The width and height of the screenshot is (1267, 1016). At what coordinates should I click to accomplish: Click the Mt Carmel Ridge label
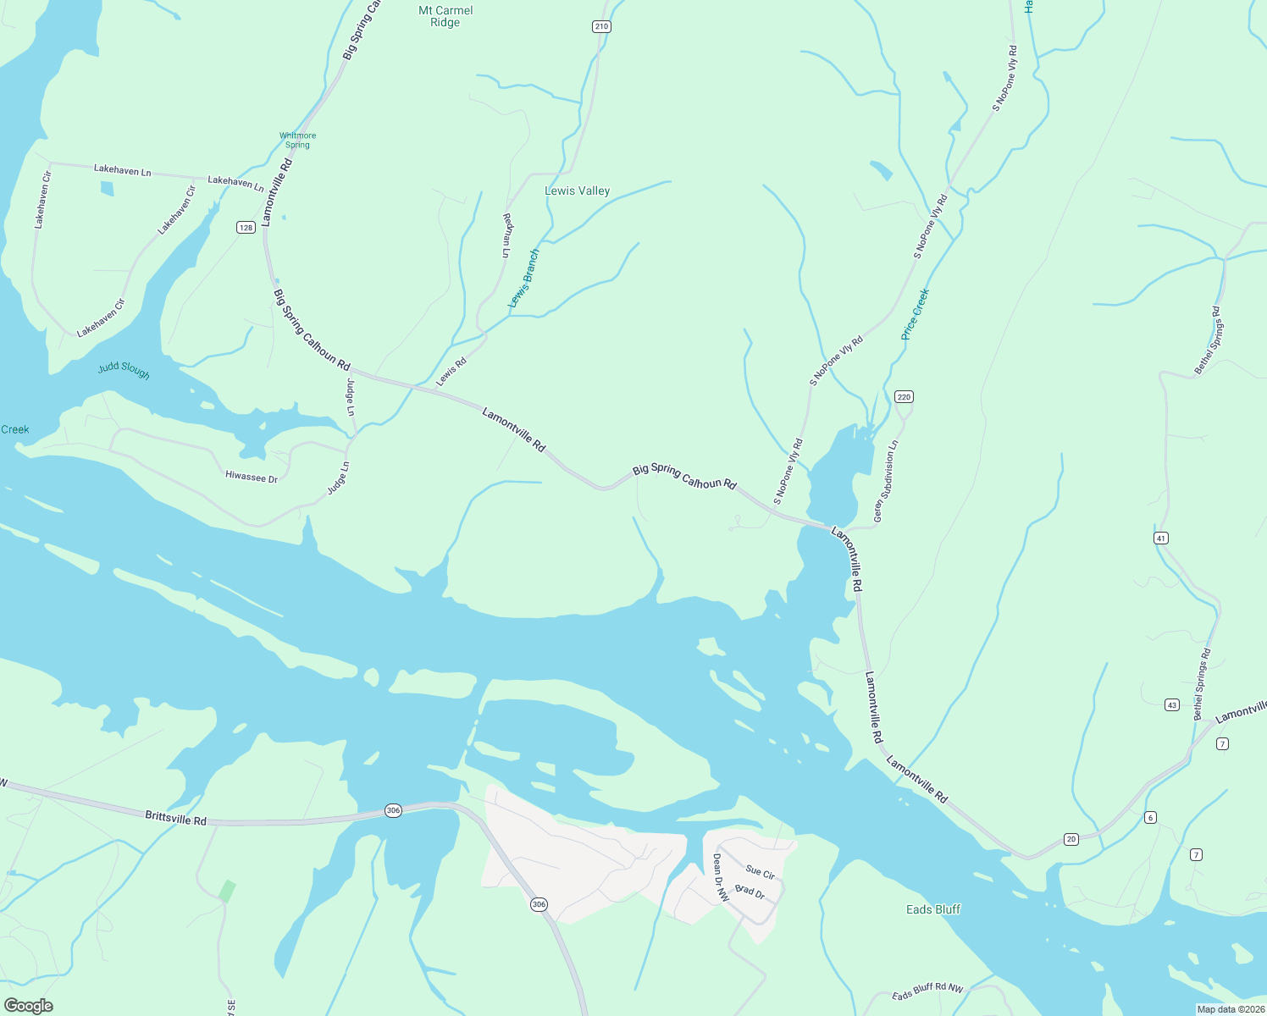pos(445,16)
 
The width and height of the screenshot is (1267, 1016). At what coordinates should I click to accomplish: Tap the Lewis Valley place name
pos(577,191)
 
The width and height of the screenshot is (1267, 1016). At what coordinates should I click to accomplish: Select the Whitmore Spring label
pos(297,140)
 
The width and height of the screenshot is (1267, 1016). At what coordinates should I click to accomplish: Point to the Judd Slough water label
pos(124,370)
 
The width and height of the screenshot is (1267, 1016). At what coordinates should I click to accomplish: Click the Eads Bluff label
pos(933,909)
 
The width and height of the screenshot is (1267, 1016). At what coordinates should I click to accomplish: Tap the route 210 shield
pos(601,26)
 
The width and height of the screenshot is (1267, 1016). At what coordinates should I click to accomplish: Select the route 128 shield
pos(246,227)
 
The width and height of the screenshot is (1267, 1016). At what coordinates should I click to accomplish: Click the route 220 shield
pos(904,396)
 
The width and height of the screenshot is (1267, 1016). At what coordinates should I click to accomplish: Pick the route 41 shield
pos(1161,538)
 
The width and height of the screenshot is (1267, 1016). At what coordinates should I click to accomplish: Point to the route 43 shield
pos(1171,704)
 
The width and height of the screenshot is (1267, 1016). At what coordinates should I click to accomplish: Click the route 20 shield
pos(1071,839)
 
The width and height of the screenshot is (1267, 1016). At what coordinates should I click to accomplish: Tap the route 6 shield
pos(1149,817)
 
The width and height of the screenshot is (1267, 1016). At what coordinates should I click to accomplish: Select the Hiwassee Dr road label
pos(252,478)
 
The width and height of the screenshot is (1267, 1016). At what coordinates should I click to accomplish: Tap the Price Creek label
pos(916,314)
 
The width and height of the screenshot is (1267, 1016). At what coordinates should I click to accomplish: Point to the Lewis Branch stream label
pos(523,279)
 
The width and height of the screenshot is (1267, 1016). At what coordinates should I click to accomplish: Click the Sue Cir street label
pos(760,872)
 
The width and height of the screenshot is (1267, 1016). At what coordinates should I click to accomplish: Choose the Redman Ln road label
pos(507,235)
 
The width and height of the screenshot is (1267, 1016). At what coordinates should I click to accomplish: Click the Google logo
pos(29,1006)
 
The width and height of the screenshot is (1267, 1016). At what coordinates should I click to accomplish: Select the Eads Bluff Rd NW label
pos(927,992)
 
